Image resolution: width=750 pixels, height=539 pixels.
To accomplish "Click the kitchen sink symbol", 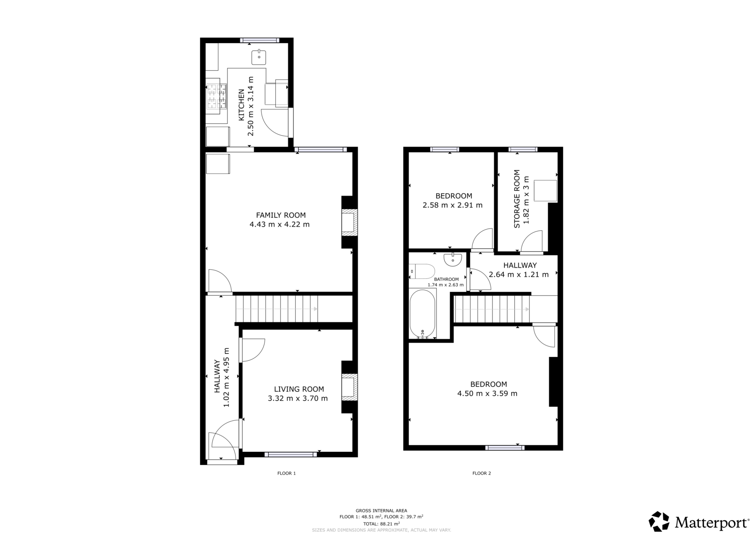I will (259, 57).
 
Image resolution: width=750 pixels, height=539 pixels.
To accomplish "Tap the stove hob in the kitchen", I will (216, 97).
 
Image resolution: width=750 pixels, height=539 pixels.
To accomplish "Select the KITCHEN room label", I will (242, 105).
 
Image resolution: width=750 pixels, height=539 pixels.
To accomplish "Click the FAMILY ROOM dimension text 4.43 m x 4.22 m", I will (279, 224).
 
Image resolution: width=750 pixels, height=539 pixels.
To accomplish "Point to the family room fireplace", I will (349, 222).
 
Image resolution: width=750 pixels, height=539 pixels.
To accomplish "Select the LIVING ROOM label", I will (299, 389).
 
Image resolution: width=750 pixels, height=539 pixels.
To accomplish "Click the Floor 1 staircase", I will (276, 309).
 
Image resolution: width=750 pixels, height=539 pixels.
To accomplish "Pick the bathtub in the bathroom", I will (422, 314).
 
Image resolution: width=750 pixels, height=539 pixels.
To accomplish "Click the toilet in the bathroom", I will (422, 272).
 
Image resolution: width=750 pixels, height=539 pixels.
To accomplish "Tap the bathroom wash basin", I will (453, 259).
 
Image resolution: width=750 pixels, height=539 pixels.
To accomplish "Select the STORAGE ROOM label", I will (517, 199).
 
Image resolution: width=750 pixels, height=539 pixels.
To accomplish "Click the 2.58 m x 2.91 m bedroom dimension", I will (452, 205).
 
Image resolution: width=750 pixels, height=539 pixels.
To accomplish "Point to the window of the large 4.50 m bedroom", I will (504, 448).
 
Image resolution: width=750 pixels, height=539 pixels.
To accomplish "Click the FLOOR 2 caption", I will (481, 473).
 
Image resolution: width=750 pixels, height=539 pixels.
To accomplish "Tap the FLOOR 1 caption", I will (286, 473).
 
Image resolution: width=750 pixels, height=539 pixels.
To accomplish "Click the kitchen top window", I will (260, 40).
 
